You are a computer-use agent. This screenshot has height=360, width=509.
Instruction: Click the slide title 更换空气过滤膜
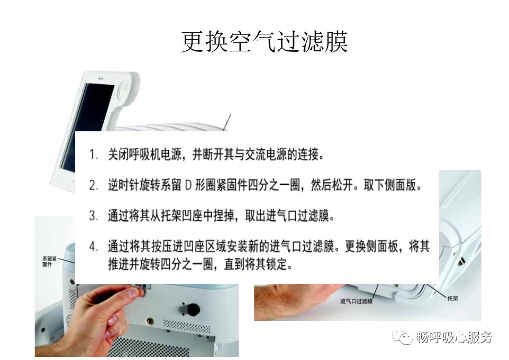tap(264, 42)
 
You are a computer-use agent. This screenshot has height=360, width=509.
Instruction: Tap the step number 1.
tap(94, 155)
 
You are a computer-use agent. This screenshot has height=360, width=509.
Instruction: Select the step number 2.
tap(94, 185)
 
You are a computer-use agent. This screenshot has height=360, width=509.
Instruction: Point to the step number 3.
tap(94, 216)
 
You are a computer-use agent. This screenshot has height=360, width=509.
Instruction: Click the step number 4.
tap(94, 246)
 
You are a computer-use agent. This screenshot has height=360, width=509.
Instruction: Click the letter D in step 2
tap(188, 185)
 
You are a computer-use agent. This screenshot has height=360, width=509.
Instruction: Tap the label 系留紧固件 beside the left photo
tap(49, 261)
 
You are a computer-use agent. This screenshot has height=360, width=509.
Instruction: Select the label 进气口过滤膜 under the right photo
tap(356, 301)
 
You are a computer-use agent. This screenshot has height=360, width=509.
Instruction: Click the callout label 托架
tap(452, 298)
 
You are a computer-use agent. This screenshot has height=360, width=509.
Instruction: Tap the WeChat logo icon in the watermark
tap(402, 337)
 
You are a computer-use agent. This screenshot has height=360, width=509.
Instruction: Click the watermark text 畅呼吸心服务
tap(454, 337)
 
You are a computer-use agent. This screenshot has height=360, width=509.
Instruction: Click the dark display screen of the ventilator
tap(86, 127)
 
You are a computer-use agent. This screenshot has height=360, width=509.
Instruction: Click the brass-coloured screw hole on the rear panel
tap(150, 321)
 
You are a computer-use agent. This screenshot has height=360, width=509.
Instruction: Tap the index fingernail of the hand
tap(133, 293)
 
